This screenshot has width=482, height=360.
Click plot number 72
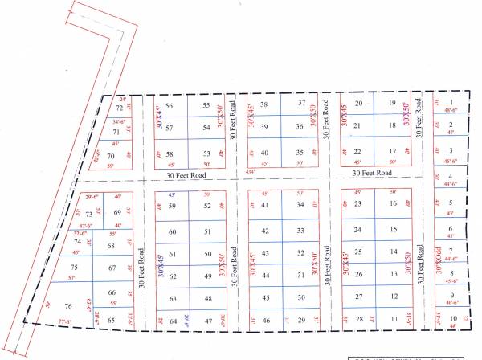tap(119, 107)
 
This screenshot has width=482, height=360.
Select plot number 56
tap(170, 106)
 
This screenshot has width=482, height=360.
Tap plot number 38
tap(263, 104)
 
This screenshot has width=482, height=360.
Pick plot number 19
tap(392, 104)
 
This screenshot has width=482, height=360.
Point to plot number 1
tap(451, 102)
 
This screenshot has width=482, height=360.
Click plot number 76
tap(68, 306)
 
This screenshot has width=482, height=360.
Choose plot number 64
tap(172, 321)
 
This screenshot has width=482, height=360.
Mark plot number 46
tap(266, 321)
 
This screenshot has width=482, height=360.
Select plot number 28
tap(359, 319)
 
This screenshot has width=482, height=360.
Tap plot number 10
tap(454, 318)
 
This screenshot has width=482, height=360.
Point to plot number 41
tap(265, 206)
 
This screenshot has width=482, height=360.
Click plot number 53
tap(206, 153)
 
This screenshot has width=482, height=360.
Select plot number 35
tap(300, 153)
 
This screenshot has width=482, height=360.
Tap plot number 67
tap(112, 268)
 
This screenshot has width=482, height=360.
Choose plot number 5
tap(451, 203)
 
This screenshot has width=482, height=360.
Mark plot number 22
tap(357, 151)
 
